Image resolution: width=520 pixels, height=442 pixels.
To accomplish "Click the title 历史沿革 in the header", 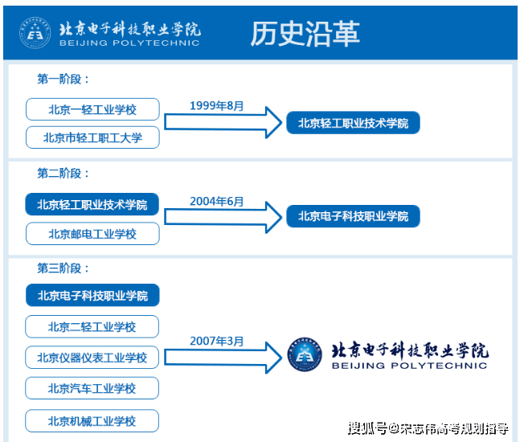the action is pyautogui.click(x=305, y=34).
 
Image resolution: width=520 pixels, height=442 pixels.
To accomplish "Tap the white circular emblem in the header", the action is pyautogui.click(x=35, y=33).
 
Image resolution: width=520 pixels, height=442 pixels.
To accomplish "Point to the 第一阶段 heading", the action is pyautogui.click(x=63, y=80).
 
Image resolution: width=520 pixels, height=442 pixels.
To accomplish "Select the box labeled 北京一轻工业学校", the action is pyautogui.click(x=92, y=109).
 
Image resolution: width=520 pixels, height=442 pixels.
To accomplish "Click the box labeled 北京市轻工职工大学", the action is pyautogui.click(x=92, y=137).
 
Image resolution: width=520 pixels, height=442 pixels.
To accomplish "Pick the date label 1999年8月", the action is pyautogui.click(x=216, y=106).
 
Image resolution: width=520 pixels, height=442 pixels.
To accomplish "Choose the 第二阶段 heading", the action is pyautogui.click(x=63, y=174).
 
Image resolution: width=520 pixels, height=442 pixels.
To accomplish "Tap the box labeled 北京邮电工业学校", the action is pyautogui.click(x=92, y=234).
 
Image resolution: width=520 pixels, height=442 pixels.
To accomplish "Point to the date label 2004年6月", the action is pyautogui.click(x=216, y=201).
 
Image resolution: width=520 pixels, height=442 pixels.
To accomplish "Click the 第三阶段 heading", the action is pyautogui.click(x=63, y=268).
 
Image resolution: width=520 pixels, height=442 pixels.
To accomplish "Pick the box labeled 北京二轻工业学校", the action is pyautogui.click(x=92, y=326).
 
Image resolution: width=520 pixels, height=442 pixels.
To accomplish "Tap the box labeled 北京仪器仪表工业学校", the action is pyautogui.click(x=92, y=358).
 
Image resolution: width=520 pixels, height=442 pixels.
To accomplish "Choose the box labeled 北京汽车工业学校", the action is pyautogui.click(x=92, y=388).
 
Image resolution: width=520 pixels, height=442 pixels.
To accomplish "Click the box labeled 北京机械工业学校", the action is pyautogui.click(x=92, y=421).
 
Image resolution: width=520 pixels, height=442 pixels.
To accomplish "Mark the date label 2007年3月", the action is pyautogui.click(x=216, y=341).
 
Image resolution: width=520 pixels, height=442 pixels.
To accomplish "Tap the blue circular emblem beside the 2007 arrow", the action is pyautogui.click(x=305, y=354).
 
